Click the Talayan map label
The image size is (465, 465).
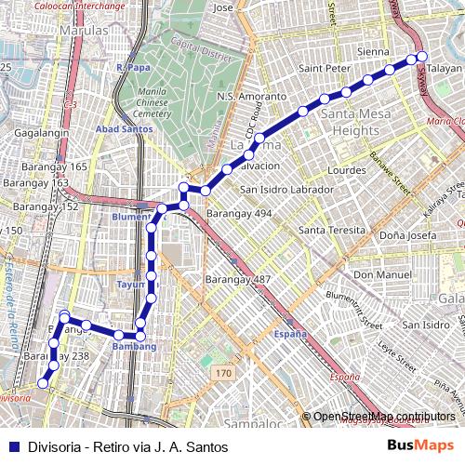pos(445,69)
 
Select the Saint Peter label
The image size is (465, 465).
pos(324,68)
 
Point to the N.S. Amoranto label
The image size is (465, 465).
pos(251,97)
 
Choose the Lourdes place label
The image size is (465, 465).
pos(347,171)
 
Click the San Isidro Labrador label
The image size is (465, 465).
pos(286,190)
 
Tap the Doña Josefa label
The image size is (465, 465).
pos(407,235)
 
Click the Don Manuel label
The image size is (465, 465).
pos(376,275)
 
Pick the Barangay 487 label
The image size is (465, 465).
pos(238,279)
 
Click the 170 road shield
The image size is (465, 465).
pos(221,373)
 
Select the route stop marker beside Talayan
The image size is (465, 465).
pos(421,58)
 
